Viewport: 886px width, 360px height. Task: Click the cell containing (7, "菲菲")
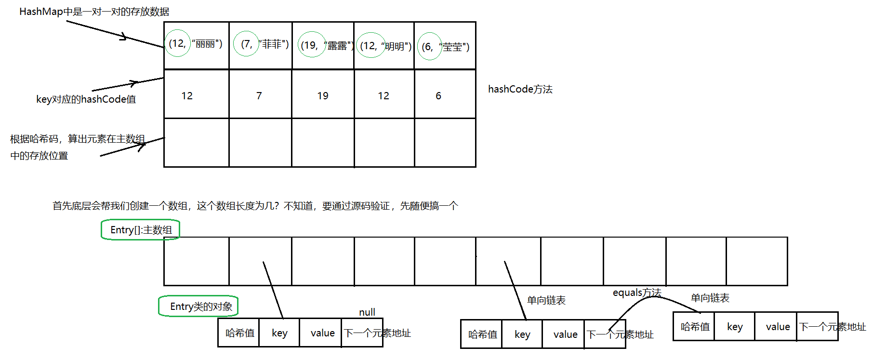click(x=261, y=45)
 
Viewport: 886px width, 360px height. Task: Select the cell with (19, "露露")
click(x=323, y=45)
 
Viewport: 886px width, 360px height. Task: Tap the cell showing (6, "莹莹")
click(x=445, y=46)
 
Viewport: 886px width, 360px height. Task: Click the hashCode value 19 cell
click(x=323, y=95)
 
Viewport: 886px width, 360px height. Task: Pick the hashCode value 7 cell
click(x=259, y=95)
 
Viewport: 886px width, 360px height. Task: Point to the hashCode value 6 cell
click(x=438, y=95)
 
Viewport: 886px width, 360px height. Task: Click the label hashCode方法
click(x=520, y=89)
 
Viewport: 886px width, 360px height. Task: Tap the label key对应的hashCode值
click(x=86, y=99)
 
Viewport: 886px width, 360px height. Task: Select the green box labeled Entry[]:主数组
click(x=140, y=230)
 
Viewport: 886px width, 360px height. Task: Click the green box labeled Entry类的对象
click(x=198, y=307)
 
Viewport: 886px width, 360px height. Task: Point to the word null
click(x=367, y=312)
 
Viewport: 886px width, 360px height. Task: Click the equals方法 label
click(x=636, y=293)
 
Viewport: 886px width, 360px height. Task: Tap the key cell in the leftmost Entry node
click(x=279, y=333)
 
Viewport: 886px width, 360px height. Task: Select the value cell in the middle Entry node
click(x=565, y=334)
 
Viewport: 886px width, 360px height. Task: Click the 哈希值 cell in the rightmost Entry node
click(x=694, y=327)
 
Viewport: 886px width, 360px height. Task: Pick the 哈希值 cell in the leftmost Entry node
click(x=239, y=333)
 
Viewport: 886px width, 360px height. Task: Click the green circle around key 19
click(x=312, y=44)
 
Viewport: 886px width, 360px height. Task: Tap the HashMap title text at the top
click(x=94, y=12)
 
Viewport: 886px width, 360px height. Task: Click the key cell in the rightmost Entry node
click(x=734, y=327)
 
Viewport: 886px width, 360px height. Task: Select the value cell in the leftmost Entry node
click(x=322, y=333)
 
